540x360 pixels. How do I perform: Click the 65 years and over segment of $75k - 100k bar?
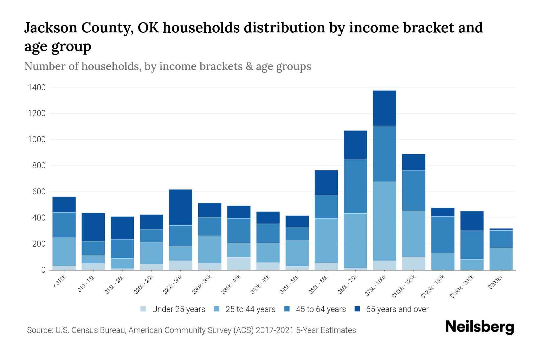click(x=384, y=108)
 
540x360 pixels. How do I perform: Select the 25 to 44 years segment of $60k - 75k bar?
click(x=355, y=240)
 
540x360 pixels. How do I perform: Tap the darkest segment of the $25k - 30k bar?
click(x=181, y=207)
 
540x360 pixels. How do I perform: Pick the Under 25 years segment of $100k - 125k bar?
click(x=413, y=263)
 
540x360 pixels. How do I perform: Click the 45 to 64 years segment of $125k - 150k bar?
click(x=442, y=235)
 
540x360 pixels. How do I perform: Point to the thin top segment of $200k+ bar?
click(x=501, y=229)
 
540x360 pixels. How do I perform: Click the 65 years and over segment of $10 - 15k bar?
click(x=93, y=227)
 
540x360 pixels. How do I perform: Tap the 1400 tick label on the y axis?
click(x=37, y=88)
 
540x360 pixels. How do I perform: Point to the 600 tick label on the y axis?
click(x=39, y=192)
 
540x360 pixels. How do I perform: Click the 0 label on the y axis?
click(x=43, y=270)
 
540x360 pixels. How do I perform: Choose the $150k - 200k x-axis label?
click(x=462, y=286)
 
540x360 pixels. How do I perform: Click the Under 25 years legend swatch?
click(x=143, y=309)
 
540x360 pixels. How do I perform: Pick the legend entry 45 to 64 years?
click(x=320, y=309)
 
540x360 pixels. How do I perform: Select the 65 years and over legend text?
click(x=397, y=309)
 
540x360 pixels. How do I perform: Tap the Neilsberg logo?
click(x=479, y=327)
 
